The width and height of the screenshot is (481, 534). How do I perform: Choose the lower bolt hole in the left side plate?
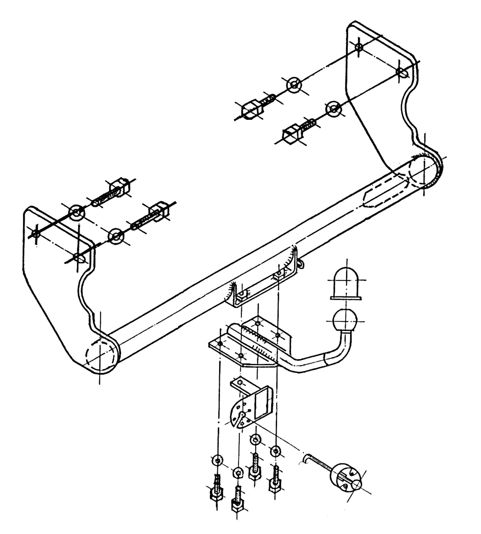78,257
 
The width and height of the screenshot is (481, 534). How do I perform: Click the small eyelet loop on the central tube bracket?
301,263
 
